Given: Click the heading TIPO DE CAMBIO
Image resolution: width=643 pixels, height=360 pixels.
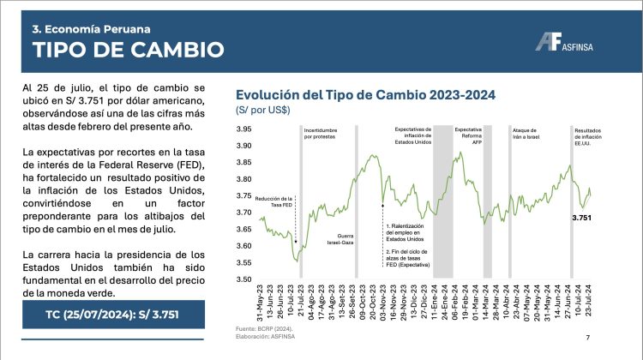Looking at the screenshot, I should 117,50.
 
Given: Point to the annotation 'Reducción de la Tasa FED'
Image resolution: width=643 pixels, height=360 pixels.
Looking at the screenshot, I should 274,201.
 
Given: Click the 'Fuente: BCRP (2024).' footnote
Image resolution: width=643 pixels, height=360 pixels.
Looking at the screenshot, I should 261,329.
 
